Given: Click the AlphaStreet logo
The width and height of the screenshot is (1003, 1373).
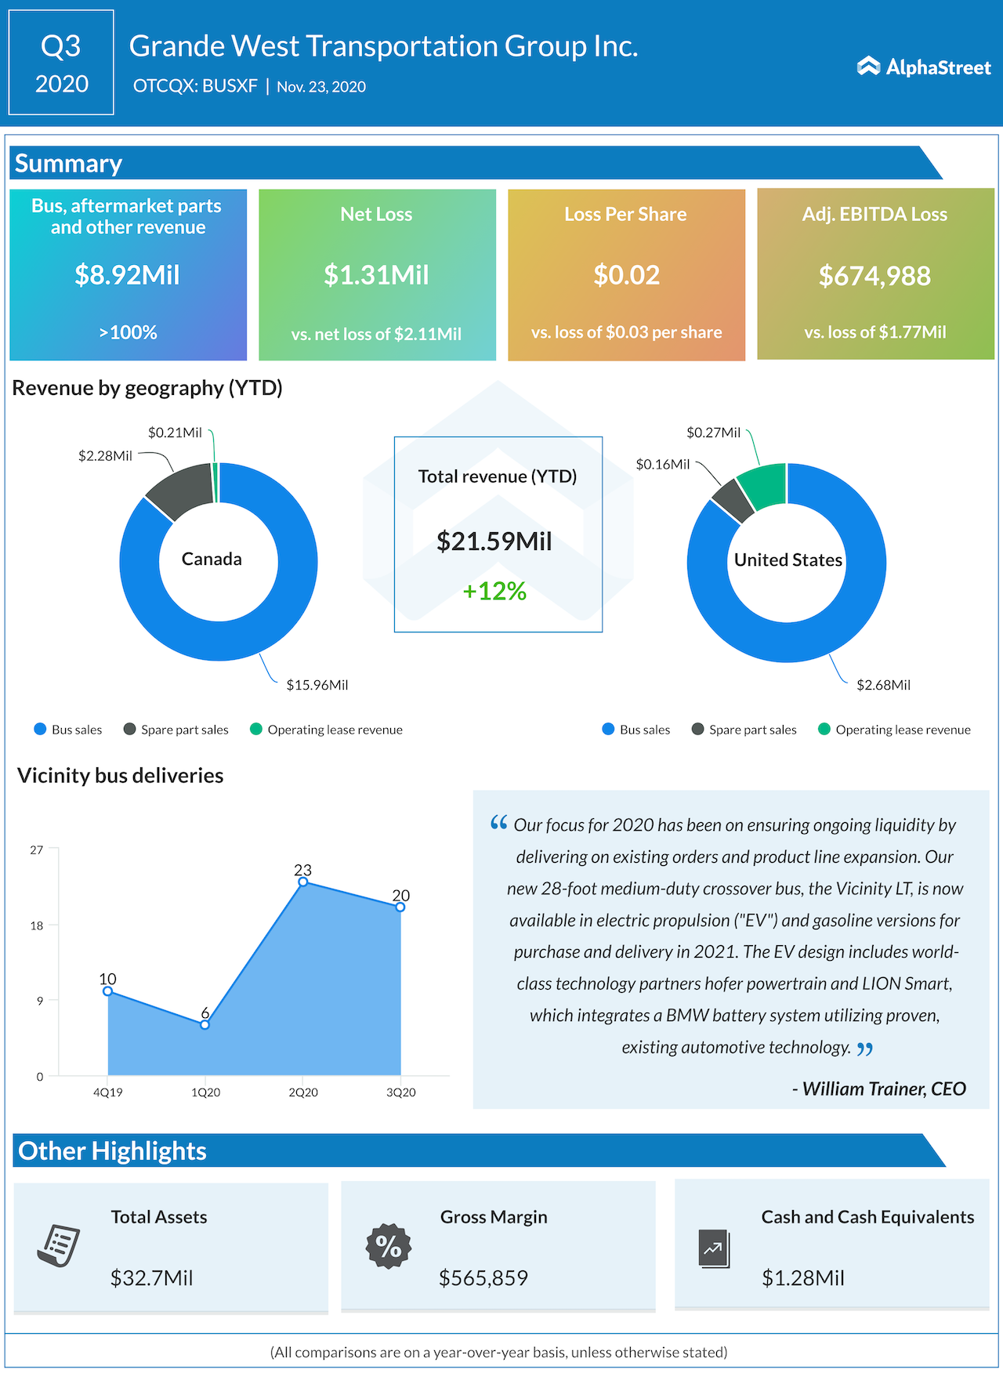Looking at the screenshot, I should click(x=924, y=67).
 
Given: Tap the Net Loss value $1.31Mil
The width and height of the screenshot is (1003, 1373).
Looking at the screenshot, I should click(x=376, y=275).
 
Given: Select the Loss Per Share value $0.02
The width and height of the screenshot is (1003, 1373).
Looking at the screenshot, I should click(x=626, y=275).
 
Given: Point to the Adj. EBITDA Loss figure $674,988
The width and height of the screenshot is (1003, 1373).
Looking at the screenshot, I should click(x=874, y=276).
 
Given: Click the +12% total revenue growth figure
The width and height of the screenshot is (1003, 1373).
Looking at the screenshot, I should click(x=494, y=591).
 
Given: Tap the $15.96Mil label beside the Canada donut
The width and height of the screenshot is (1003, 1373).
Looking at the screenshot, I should click(x=317, y=685).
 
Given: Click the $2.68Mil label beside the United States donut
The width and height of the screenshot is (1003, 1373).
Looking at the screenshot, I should click(x=883, y=685).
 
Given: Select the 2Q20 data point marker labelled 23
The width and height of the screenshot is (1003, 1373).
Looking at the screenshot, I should click(x=303, y=882).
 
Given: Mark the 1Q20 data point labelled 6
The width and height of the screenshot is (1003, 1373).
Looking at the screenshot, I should click(x=205, y=1024).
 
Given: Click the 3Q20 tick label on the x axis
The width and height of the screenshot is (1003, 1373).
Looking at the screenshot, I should click(x=400, y=1092).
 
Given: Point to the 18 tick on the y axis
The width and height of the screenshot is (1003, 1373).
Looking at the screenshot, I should click(x=37, y=926).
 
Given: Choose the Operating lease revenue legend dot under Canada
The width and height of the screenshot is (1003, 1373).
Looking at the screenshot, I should click(x=255, y=730).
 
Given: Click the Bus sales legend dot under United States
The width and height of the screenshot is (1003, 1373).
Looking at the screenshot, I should click(x=608, y=730).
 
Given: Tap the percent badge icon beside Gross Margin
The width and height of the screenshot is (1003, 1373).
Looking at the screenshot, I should click(x=389, y=1246).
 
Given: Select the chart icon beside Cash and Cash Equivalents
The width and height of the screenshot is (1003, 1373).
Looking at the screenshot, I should click(x=714, y=1248).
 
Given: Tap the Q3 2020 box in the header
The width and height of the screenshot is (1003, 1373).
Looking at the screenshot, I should click(x=61, y=63).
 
